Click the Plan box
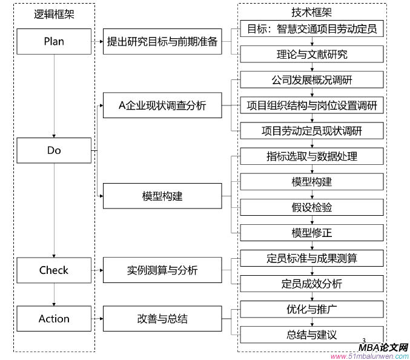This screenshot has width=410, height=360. coord(54,42)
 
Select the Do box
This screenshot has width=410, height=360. coord(54,150)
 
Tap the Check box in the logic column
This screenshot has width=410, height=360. coord(54,270)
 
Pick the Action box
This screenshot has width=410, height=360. coord(54,319)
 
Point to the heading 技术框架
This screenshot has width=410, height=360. coord(311,12)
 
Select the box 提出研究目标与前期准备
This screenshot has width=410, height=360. coord(162,42)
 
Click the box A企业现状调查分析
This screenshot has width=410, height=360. coord(162,105)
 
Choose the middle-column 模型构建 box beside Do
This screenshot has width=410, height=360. coord(162,196)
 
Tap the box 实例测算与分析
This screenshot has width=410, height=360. coord(162,270)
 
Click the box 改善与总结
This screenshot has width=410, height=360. coord(162,319)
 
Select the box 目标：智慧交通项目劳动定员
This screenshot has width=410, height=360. coord(312,28)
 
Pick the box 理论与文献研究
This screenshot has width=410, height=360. coord(312,55)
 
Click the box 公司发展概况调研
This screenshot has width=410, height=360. coord(312,79)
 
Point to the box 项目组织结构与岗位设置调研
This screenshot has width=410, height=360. coord(312,105)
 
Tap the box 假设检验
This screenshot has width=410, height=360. coord(312,207)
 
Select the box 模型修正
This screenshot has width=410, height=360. coord(312,233)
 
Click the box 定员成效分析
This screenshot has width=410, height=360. coord(312,284)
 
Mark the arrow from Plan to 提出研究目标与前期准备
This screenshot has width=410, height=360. coord(98,42)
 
